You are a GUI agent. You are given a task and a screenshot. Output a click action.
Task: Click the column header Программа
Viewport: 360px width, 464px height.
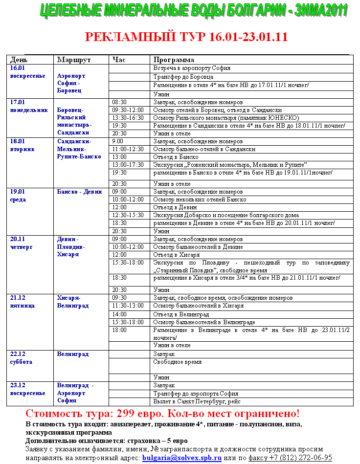point(174,60)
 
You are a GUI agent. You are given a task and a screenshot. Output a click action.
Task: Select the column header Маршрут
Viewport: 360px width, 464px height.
point(74,60)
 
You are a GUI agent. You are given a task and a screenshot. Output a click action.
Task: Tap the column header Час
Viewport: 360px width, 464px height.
point(119,60)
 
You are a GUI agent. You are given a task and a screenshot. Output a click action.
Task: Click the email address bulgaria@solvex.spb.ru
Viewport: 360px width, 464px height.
point(182,458)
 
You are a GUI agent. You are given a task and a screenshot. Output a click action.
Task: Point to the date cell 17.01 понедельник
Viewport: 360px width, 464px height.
point(29,106)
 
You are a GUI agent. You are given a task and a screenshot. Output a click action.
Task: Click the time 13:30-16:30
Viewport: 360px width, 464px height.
point(128,118)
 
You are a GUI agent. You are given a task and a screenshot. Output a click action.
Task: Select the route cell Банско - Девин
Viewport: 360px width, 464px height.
point(79,192)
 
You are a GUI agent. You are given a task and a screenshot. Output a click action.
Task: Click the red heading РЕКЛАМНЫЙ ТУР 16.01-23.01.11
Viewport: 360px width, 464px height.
point(186,37)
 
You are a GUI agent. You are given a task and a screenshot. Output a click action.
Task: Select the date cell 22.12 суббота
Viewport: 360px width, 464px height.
point(22,358)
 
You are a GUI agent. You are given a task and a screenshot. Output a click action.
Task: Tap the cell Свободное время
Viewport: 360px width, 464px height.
point(178,362)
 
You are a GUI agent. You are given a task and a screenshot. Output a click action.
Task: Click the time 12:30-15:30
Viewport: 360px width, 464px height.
point(128,215)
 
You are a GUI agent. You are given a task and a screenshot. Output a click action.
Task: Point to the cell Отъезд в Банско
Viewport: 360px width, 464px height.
point(176,157)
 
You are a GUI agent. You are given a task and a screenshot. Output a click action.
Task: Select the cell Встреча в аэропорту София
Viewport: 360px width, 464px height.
point(192,68)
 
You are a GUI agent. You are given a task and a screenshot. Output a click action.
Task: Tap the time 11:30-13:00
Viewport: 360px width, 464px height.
point(128,306)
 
